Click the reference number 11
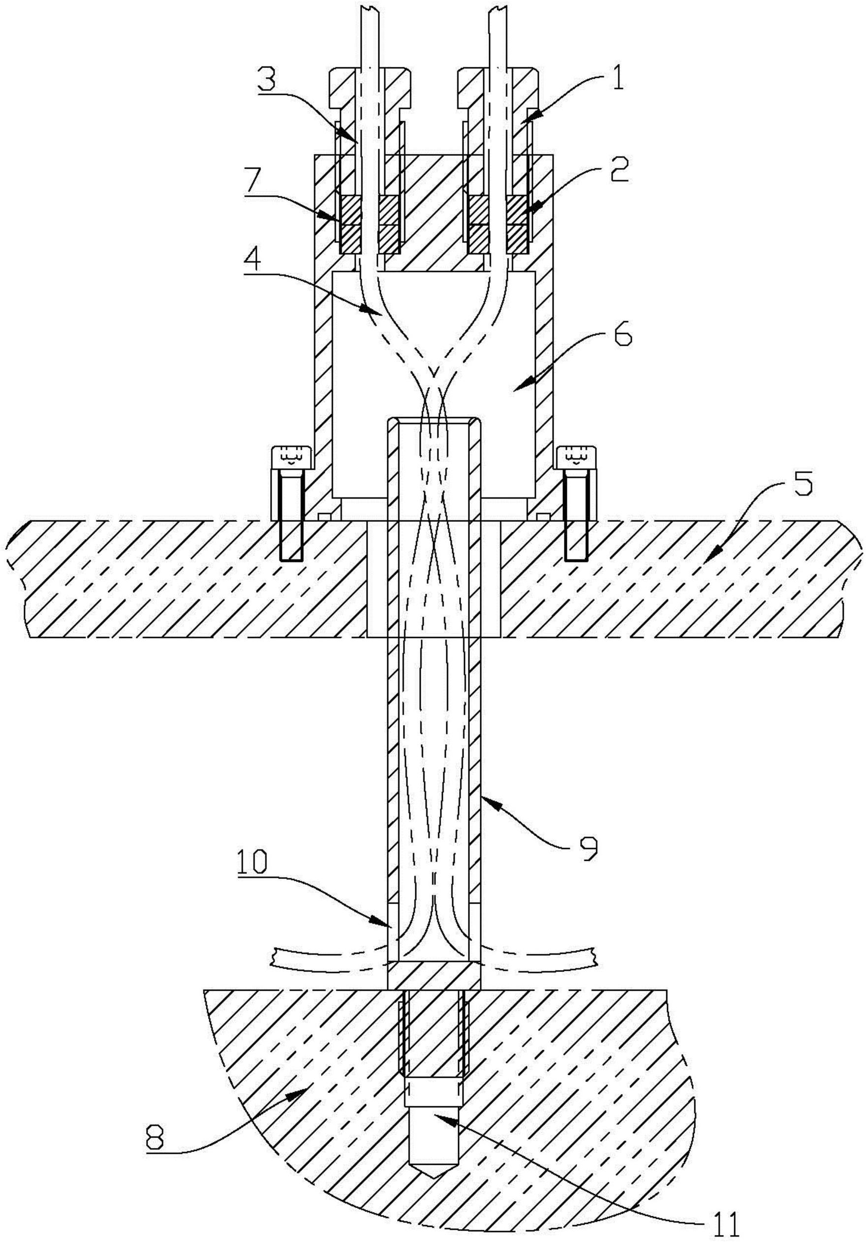(724, 1222)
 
